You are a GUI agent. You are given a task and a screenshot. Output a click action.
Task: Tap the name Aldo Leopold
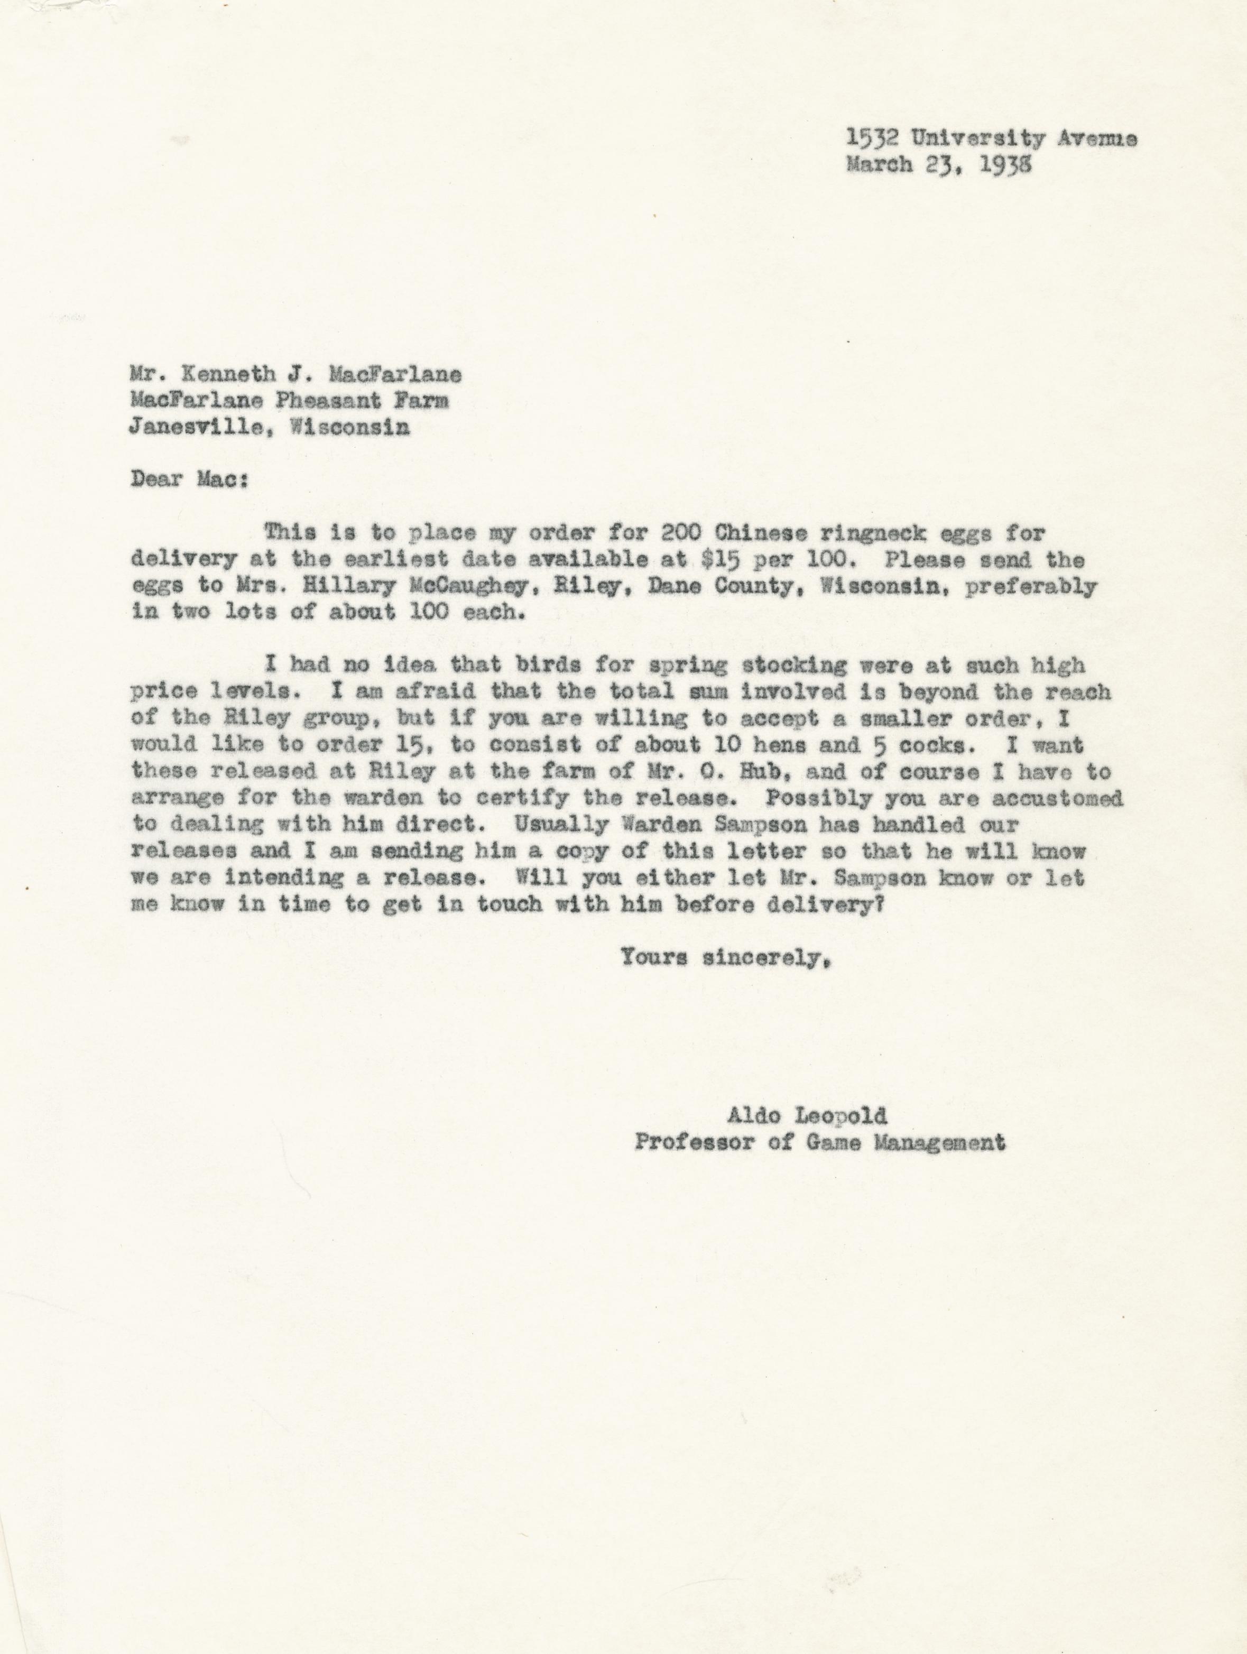coord(807,1138)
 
